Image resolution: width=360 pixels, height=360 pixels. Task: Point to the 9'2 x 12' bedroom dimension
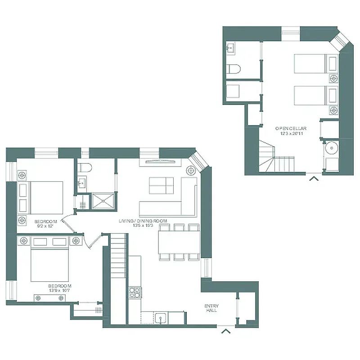45,226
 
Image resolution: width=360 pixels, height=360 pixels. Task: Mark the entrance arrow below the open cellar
314,179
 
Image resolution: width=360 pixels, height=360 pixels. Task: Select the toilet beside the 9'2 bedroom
84,168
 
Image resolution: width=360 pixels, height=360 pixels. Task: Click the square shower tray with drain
103,201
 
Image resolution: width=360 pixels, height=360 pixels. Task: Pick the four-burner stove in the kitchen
135,292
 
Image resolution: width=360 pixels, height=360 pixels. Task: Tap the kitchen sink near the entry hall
162,318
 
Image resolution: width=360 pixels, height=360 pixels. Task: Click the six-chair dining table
179,242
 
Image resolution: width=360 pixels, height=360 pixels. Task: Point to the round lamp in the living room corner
191,171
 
